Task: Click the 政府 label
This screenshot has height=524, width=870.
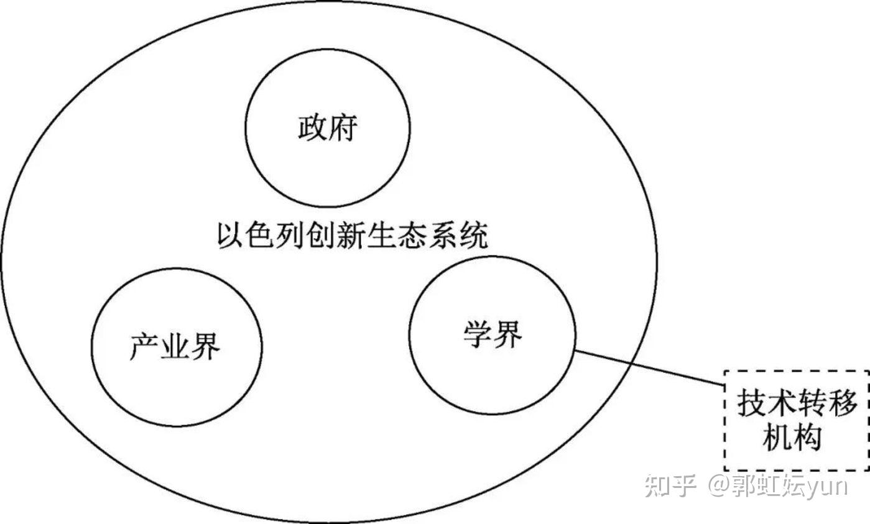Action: [327, 128]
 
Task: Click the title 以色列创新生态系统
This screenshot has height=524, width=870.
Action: [352, 236]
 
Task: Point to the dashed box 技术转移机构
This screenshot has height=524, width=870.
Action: [797, 420]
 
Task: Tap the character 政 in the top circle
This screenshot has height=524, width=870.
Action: [312, 128]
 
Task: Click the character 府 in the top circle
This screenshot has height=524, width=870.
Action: [343, 128]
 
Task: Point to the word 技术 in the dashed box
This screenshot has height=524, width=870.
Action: [766, 404]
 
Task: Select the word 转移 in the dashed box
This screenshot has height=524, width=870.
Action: [827, 404]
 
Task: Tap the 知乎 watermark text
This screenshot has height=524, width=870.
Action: [669, 485]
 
